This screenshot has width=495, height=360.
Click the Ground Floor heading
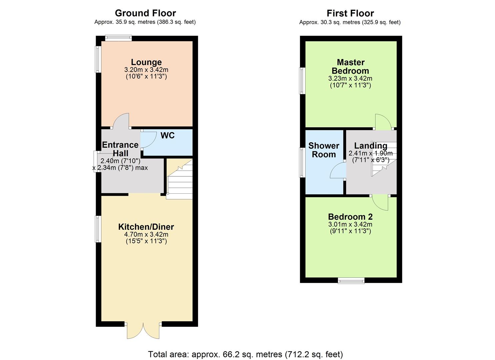pos(145,13)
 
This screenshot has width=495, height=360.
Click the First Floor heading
pos(350,13)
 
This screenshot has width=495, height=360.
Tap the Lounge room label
pos(146,62)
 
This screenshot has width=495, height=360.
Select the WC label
pos(167,136)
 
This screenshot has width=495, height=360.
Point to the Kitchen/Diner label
pos(146,227)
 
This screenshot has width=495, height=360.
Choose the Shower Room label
pos(324,150)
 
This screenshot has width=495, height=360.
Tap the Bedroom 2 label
pos(350,217)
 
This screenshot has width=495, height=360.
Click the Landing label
pos(370,146)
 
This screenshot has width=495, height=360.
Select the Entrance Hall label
pos(120,149)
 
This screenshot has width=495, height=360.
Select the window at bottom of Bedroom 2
pos(351,281)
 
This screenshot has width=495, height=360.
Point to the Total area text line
pos(245,354)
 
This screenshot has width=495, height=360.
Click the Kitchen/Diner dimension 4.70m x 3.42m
pos(146,235)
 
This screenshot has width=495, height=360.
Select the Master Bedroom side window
pos(302,81)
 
